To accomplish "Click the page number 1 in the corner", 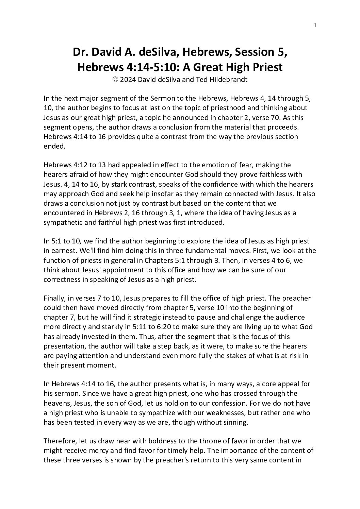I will [x=315, y=25].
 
